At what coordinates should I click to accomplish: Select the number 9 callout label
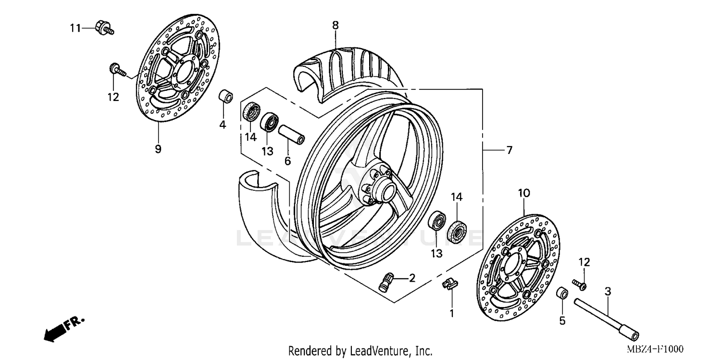158,149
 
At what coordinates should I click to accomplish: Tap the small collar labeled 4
226,96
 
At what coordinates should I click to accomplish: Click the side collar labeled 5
561,293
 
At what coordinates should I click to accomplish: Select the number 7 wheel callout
509,150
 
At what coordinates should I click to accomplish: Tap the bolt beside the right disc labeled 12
578,284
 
